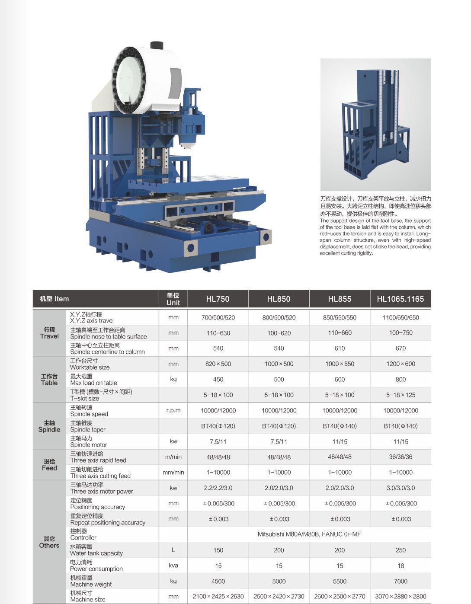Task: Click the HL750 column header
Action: click(x=218, y=299)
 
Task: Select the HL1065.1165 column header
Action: click(x=401, y=299)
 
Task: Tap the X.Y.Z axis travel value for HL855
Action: click(x=340, y=317)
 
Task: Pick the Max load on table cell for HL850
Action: click(x=279, y=379)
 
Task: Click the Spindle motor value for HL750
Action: click(x=218, y=441)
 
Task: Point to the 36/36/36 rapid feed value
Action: click(x=401, y=457)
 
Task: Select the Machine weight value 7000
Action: click(x=401, y=581)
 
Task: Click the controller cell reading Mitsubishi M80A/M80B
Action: click(x=309, y=534)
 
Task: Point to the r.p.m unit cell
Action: click(x=173, y=410)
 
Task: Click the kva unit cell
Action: click(x=173, y=566)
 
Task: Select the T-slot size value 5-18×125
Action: click(x=401, y=395)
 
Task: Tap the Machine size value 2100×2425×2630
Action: click(x=218, y=596)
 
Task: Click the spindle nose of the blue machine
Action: click(x=186, y=145)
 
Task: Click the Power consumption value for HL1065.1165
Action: click(x=401, y=566)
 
